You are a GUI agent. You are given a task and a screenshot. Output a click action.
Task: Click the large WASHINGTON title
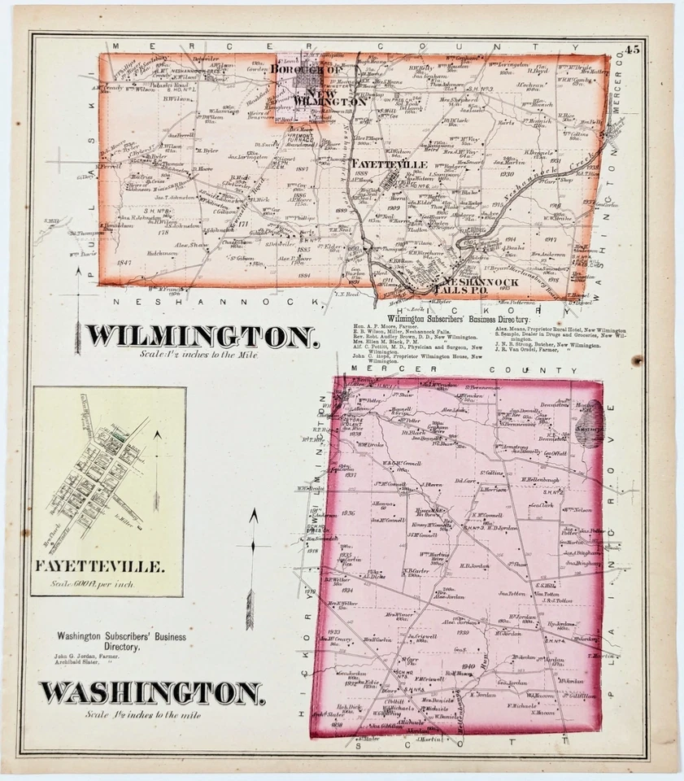[153, 692]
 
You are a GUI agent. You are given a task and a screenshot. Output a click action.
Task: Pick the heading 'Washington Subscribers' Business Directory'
[120, 642]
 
